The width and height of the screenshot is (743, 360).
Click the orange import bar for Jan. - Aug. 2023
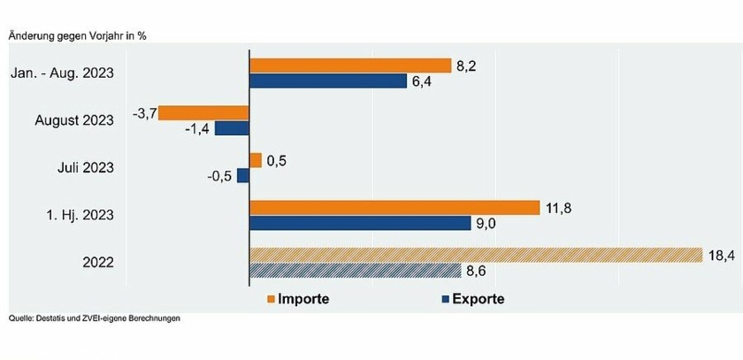coord(350,65)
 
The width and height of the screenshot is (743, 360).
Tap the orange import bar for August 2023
coord(203,112)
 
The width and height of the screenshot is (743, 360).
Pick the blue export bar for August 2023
coord(232,128)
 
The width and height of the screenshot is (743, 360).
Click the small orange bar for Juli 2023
coord(256,160)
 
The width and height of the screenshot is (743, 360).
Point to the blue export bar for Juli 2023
coord(243,176)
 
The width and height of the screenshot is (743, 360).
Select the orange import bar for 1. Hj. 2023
coord(394,208)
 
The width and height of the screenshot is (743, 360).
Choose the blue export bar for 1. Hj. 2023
coord(360,224)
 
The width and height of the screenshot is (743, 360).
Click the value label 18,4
coord(718,255)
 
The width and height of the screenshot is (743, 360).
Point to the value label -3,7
coord(143,112)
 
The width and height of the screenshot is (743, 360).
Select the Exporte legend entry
coord(472,298)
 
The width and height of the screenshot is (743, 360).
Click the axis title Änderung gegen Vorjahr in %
coord(77,35)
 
